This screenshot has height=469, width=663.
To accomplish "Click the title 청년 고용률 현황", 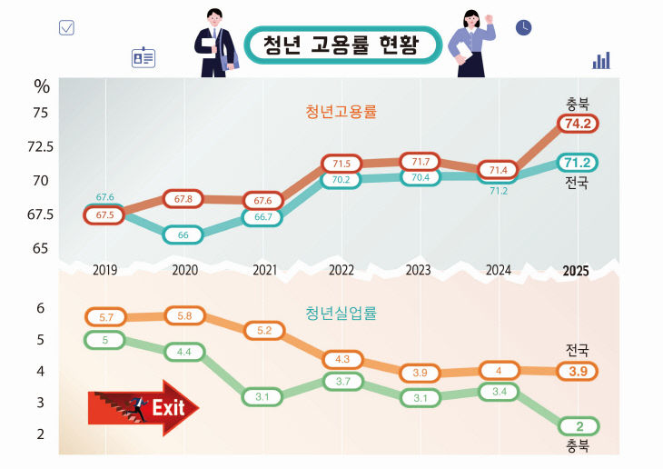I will [x=343, y=45].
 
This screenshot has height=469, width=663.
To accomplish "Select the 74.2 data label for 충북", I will [x=579, y=124].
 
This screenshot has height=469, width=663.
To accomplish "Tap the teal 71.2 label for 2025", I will [x=579, y=163].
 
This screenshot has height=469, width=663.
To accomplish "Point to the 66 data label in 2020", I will [x=183, y=234].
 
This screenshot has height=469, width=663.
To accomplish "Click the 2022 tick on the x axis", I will [x=341, y=270].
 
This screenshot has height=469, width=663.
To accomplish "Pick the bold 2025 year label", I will [x=575, y=271].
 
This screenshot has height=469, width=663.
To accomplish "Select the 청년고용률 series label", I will [x=341, y=113].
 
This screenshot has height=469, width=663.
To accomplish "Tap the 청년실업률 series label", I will [x=341, y=313].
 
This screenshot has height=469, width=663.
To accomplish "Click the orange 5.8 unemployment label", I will [x=184, y=315].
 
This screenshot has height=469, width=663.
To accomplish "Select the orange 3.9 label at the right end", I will [x=579, y=371].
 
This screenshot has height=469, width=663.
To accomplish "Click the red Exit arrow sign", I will [x=143, y=407].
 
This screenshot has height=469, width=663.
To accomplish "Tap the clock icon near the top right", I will [x=524, y=27].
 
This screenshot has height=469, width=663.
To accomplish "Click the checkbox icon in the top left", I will [x=66, y=27].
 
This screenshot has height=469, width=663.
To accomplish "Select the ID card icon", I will [x=143, y=58].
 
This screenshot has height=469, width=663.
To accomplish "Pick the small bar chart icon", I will [x=601, y=60].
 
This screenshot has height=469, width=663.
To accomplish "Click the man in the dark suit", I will [x=216, y=44].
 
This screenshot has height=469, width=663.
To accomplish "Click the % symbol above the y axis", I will [x=42, y=86].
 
